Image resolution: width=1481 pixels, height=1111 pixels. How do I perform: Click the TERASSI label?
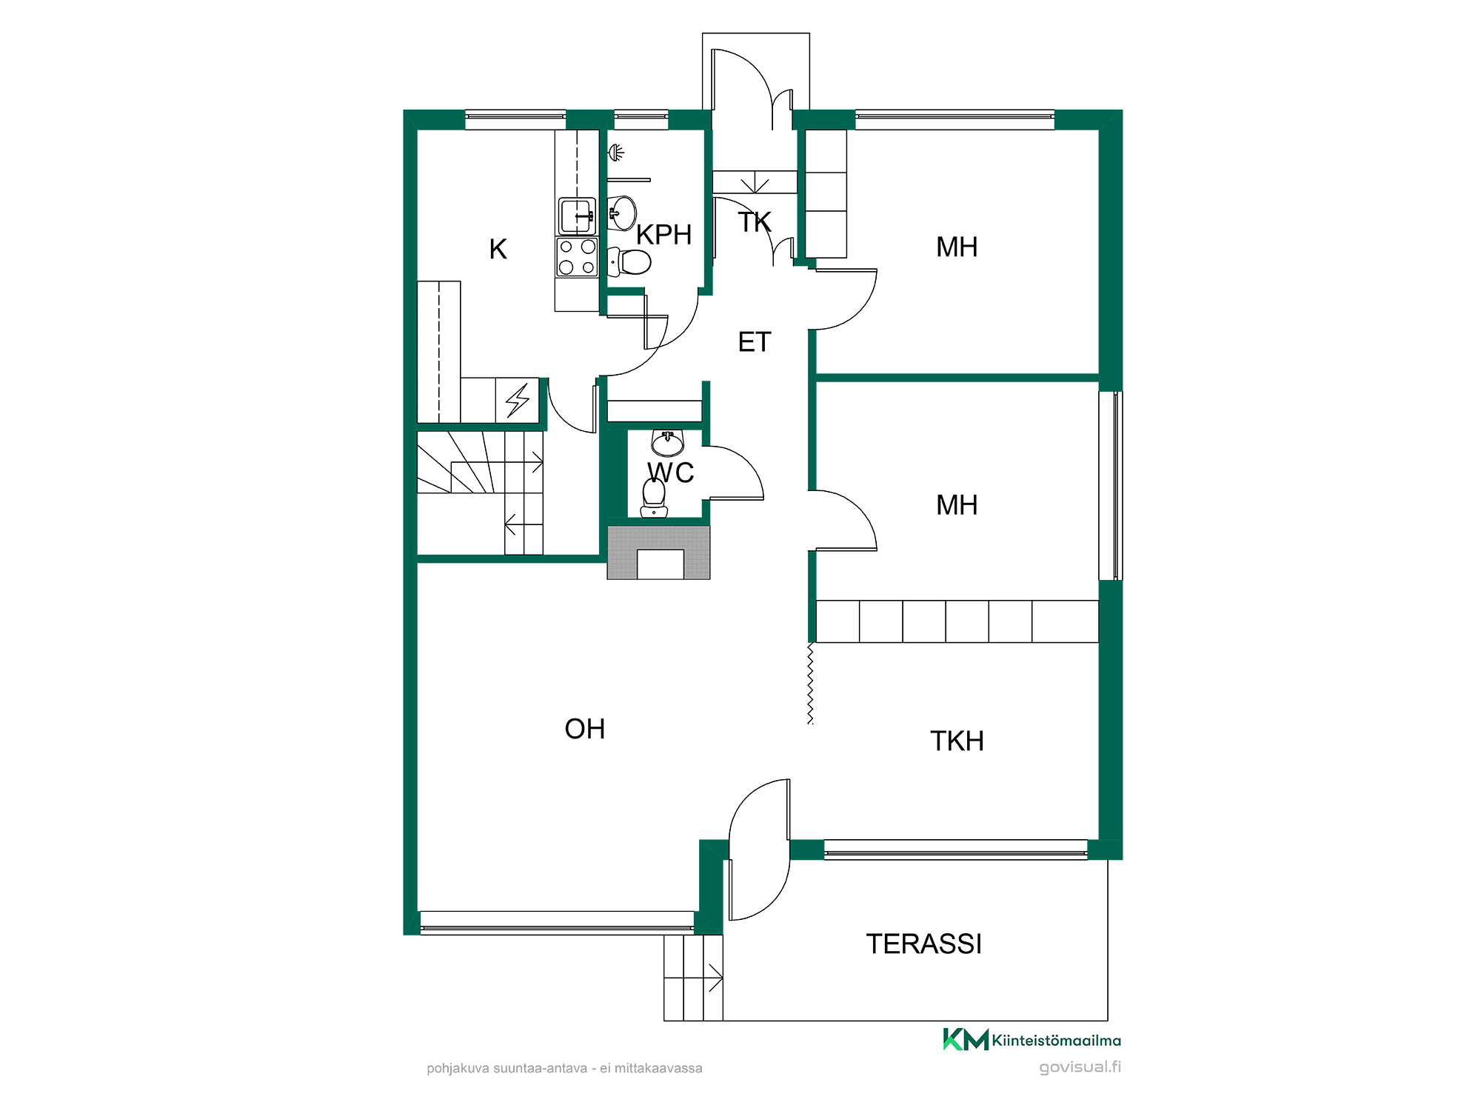924,944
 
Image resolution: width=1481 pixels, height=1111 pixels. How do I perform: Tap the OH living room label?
585,730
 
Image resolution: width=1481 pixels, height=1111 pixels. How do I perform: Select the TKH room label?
957,741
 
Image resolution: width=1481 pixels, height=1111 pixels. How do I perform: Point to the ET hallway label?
755,342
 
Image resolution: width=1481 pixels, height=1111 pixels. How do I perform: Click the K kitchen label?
498,250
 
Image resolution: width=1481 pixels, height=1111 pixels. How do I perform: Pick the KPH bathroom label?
664,235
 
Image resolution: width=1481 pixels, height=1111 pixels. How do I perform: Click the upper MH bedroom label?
957,247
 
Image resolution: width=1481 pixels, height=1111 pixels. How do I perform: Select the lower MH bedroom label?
957,505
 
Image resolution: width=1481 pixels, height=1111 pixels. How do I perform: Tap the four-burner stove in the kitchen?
577,257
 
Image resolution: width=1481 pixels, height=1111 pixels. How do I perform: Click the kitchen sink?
577,216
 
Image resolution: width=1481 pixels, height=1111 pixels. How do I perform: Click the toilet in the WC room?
654,497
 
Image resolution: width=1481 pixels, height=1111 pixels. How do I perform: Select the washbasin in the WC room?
667,443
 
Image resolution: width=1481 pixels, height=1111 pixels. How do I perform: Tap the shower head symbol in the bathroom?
616,153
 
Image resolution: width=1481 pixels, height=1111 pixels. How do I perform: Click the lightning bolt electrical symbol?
518,400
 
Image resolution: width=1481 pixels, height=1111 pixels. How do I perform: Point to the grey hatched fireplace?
658,553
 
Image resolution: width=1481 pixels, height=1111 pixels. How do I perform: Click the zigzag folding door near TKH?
810,684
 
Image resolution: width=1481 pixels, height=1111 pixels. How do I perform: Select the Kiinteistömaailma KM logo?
1032,1039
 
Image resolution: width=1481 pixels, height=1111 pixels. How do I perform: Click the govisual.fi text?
1080,1067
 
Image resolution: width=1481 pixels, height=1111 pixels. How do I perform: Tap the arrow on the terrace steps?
715,978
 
